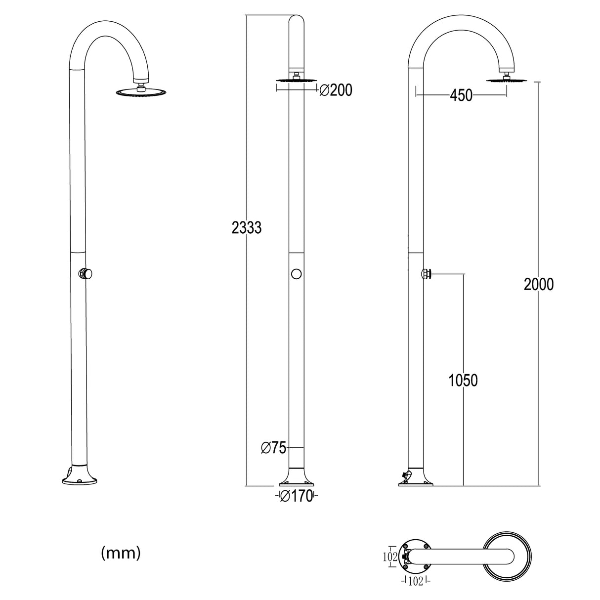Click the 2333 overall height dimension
click(x=247, y=228)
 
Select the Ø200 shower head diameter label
click(x=336, y=90)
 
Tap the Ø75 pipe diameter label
click(x=273, y=448)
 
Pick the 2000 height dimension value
click(x=539, y=284)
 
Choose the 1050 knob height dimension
click(x=463, y=380)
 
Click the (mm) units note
click(x=121, y=553)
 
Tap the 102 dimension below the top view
click(x=416, y=582)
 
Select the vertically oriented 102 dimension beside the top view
click(x=390, y=557)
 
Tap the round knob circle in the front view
click(x=297, y=274)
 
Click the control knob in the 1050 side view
click(x=426, y=274)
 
